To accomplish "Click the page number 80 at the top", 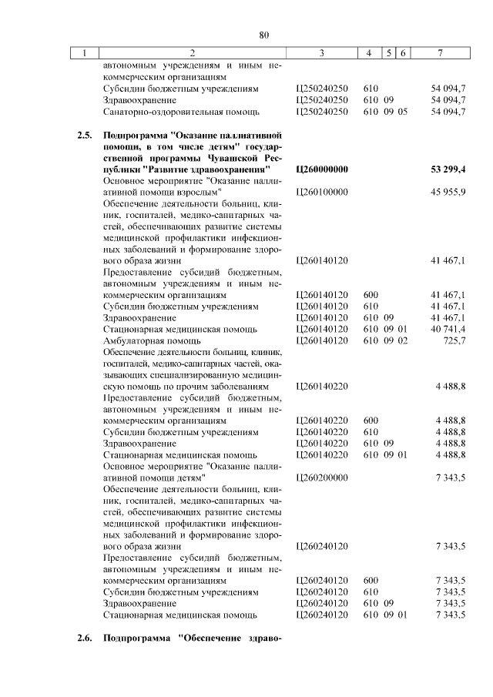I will [263, 35].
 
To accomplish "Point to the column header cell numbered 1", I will [86, 53].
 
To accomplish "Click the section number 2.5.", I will [86, 135].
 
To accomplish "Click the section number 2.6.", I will [86, 639].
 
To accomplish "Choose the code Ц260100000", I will [322, 192].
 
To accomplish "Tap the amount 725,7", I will [454, 340].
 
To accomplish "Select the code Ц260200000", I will [322, 478].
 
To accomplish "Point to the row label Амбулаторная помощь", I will [142, 340].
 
